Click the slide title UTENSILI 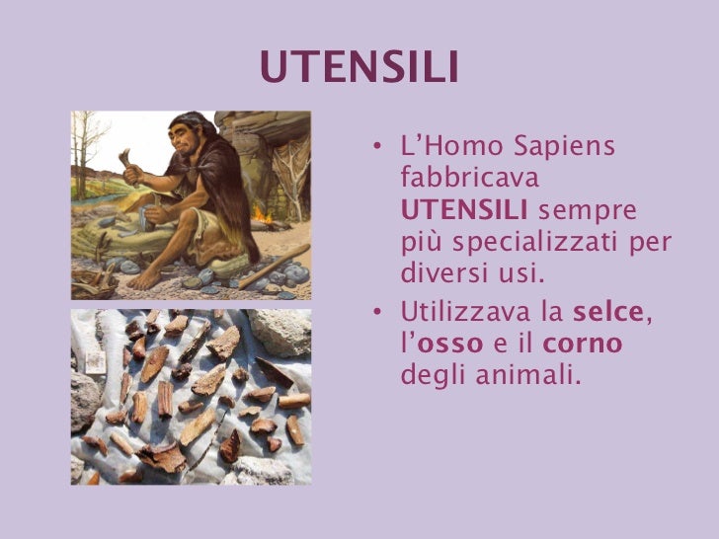359,69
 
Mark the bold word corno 583,345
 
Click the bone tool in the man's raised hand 122,161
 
